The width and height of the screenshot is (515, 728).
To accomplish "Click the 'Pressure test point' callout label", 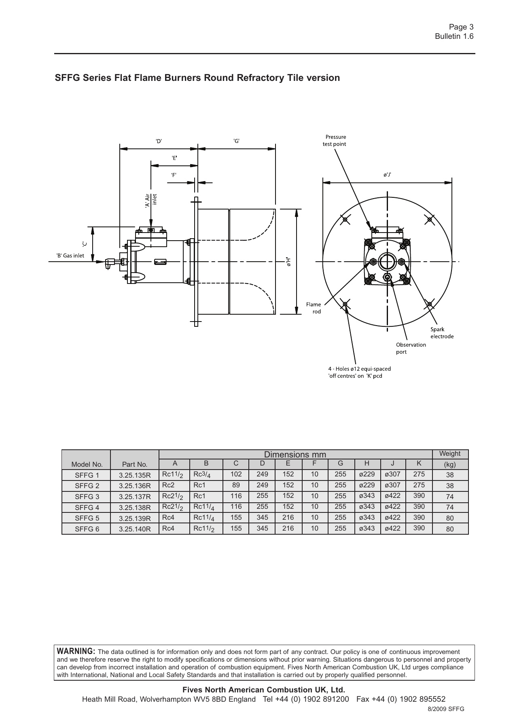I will click(x=335, y=140).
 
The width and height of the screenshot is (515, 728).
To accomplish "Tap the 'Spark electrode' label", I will click(x=442, y=333).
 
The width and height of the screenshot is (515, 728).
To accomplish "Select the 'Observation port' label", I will click(x=411, y=348).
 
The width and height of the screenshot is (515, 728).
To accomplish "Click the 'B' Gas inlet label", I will click(x=70, y=256).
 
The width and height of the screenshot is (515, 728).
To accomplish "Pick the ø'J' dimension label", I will click(x=387, y=175).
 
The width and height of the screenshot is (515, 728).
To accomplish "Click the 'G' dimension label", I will click(x=237, y=141).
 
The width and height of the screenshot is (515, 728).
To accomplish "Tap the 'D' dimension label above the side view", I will click(x=159, y=141).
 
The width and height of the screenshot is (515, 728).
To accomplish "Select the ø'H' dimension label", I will click(x=288, y=262).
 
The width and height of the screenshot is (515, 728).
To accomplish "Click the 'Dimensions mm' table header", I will click(x=295, y=455).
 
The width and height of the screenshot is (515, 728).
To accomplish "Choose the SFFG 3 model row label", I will click(x=87, y=497).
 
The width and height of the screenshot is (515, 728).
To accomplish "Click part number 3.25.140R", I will click(x=135, y=529).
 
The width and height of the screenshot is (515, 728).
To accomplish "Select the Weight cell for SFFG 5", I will click(x=450, y=518).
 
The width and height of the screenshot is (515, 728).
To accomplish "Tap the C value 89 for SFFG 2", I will click(x=236, y=485).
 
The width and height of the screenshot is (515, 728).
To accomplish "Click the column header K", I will click(x=419, y=463).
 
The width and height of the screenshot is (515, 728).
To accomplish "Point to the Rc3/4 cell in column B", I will click(x=202, y=475).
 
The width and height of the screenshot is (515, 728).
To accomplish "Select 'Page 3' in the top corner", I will click(x=461, y=27).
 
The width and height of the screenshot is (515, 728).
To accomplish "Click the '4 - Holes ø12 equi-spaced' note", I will click(x=359, y=369).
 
